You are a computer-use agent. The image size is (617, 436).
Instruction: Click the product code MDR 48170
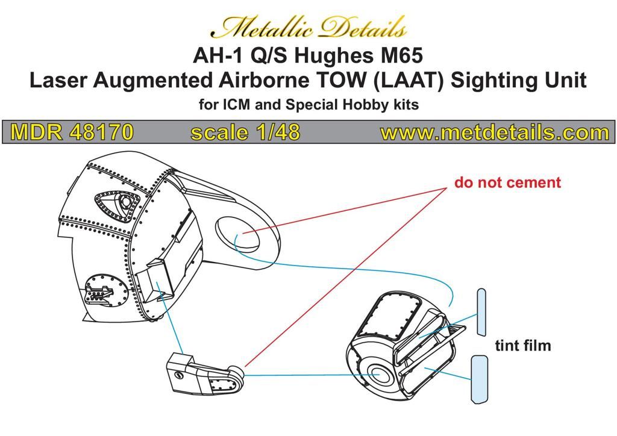[72, 132]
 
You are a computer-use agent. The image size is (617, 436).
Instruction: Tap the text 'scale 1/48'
[245, 132]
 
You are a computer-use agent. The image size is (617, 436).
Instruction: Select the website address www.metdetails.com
[494, 132]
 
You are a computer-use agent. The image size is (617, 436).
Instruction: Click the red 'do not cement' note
[507, 182]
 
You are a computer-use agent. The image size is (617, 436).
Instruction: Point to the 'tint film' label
[523, 346]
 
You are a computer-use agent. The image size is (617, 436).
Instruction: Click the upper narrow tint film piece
[481, 311]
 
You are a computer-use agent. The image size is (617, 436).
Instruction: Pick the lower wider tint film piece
[480, 379]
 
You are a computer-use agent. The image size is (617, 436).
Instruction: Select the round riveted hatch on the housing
[107, 292]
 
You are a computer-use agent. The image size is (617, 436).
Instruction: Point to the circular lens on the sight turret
[378, 374]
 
